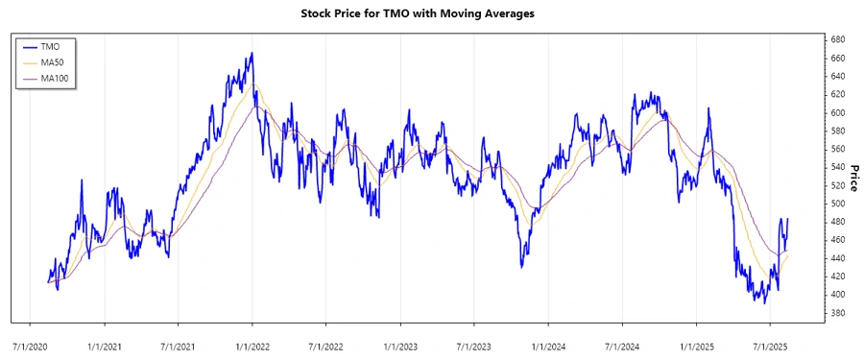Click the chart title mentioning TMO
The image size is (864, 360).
pyautogui.click(x=431, y=13)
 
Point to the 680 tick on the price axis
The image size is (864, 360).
pyautogui.click(x=838, y=39)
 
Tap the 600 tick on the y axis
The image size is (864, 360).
pyautogui.click(x=838, y=112)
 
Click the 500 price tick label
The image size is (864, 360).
pyautogui.click(x=838, y=204)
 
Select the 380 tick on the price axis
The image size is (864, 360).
pyautogui.click(x=838, y=313)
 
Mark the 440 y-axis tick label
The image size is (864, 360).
pyautogui.click(x=838, y=258)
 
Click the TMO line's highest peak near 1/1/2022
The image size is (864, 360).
pyautogui.click(x=252, y=54)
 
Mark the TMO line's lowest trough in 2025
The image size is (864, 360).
pyautogui.click(x=765, y=302)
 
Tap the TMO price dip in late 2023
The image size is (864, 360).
pyautogui.click(x=521, y=267)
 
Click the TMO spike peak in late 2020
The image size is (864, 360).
pyautogui.click(x=82, y=180)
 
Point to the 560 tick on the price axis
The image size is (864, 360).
pyautogui.click(x=838, y=149)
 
